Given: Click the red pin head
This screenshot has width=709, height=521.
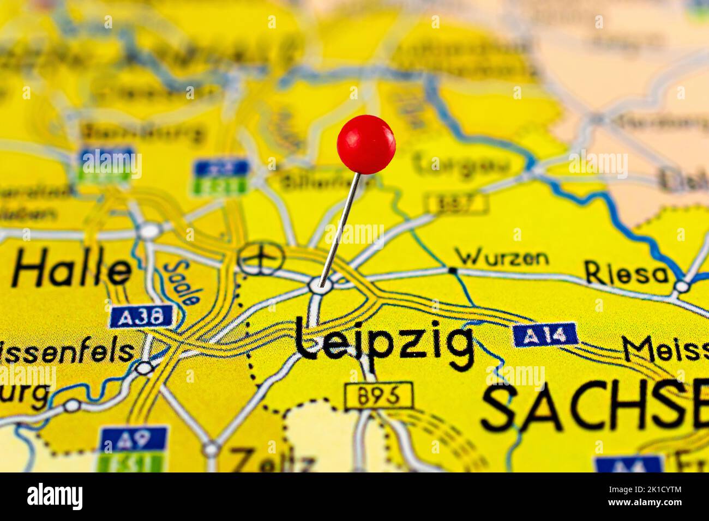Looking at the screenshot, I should (x=366, y=144).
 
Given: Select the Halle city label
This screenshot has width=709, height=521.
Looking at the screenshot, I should (x=71, y=270).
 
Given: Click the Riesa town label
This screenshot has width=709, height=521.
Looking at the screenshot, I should (x=627, y=272).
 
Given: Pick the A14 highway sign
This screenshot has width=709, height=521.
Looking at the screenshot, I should (x=545, y=335).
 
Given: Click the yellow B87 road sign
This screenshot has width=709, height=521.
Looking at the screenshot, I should (x=456, y=203).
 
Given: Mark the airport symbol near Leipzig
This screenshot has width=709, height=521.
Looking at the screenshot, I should (x=261, y=258).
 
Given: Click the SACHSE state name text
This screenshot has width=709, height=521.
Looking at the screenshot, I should (x=594, y=407).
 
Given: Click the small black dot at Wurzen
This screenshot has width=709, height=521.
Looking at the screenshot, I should (x=452, y=270).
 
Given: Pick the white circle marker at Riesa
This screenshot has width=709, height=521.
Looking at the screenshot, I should (x=681, y=286).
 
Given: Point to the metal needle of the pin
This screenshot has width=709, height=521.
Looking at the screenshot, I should (x=340, y=229).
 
